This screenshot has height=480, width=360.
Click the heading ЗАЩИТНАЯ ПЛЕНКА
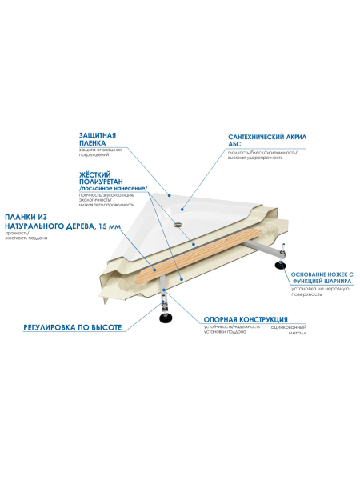pyautogui.click(x=99, y=138)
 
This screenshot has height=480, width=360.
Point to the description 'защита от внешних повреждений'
pyautogui.click(x=100, y=153)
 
